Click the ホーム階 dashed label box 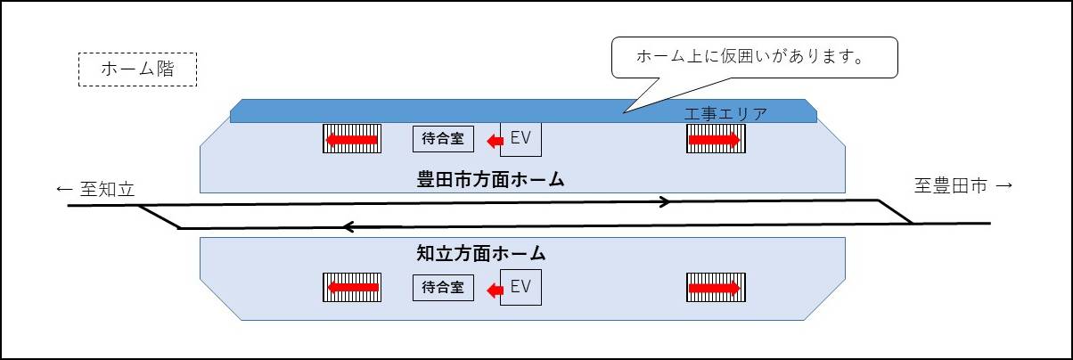tap(137, 70)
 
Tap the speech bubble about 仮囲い tap(753, 59)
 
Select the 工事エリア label tap(725, 113)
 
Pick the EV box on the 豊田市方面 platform tap(520, 139)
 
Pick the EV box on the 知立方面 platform tap(520, 287)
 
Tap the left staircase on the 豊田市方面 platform tap(351, 139)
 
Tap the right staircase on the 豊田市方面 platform tap(716, 139)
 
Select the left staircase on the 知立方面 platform tap(351, 287)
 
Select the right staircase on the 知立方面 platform tap(716, 287)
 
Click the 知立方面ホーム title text tap(481, 254)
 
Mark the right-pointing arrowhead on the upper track tap(664, 202)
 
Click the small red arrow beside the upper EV tap(495, 140)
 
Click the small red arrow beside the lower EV tap(495, 288)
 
